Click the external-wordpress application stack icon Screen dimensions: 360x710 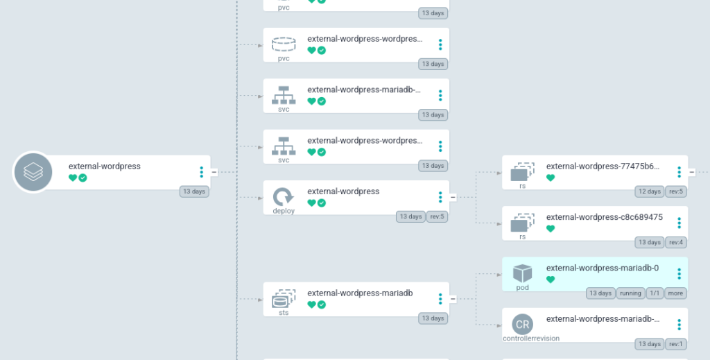pos(33,171)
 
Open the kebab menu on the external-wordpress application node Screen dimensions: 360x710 pos(201,172)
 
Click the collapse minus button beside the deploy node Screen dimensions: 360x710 pos(453,197)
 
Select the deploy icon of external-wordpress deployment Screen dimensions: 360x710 pos(283,196)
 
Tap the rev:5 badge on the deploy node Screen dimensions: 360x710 pos(438,216)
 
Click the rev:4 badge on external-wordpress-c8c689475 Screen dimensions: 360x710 pos(676,242)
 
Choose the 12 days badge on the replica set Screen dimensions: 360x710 pos(649,191)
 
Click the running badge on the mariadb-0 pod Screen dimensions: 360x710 pos(630,293)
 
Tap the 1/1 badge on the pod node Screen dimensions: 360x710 pos(654,293)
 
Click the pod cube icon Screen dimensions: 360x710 pos(522,273)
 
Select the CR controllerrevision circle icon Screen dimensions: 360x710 pos(522,324)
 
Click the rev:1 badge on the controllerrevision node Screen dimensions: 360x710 pos(676,344)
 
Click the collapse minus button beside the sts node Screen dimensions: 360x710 pos(453,299)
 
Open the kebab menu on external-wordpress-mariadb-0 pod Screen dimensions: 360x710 pos(679,274)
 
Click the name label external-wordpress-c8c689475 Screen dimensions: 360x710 pos(604,217)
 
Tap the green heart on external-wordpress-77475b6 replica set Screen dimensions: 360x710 pos(551,178)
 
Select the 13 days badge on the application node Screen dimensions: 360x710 pos(193,191)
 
